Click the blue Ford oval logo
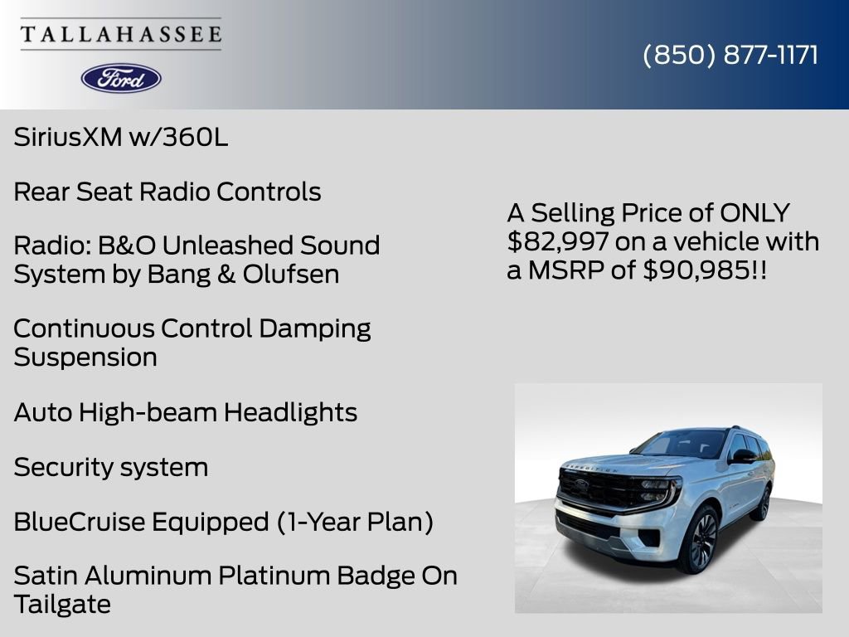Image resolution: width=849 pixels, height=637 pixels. [121, 78]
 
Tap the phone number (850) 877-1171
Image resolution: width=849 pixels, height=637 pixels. [730, 55]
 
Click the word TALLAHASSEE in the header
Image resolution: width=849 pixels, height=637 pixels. [121, 35]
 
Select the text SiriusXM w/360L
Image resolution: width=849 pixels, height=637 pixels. [120, 138]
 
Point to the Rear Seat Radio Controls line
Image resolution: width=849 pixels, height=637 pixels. [167, 192]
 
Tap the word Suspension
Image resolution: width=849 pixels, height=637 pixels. [85, 358]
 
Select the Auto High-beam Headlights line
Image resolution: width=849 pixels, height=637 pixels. [185, 412]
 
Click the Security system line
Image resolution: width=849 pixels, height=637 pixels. [110, 468]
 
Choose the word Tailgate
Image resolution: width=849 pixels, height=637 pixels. [62, 605]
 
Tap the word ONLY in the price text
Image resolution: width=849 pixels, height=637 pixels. [754, 213]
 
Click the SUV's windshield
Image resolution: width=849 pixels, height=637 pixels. [682, 445]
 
